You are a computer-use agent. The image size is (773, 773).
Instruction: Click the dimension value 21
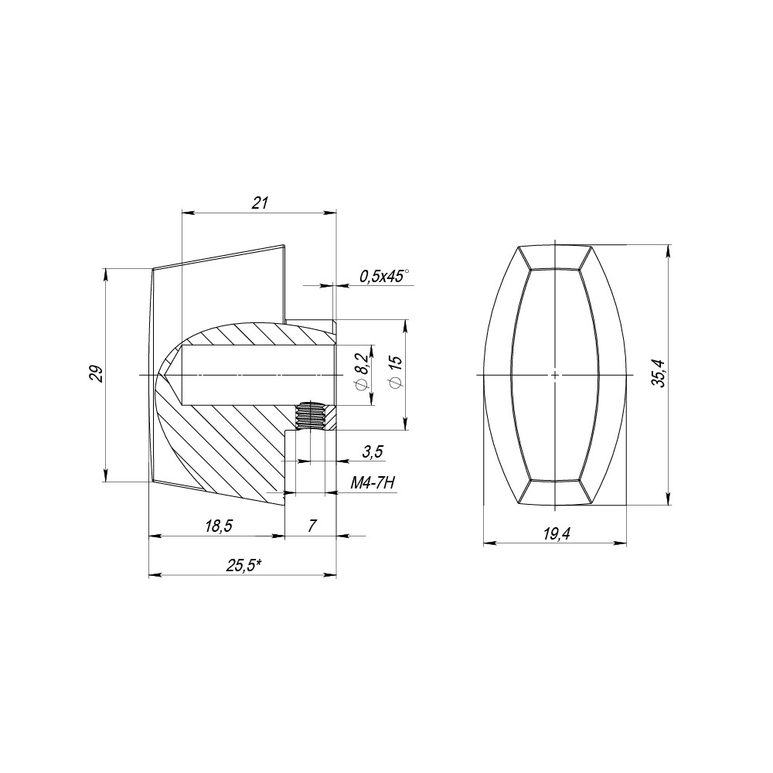[260, 203]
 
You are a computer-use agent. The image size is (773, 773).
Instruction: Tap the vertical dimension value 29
[95, 374]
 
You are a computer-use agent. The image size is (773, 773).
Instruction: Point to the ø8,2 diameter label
[360, 374]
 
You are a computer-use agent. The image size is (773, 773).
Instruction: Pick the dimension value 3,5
[372, 452]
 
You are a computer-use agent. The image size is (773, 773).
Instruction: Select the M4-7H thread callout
[373, 483]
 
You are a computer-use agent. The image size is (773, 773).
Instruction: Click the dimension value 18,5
[219, 526]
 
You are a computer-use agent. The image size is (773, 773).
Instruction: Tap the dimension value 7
[312, 526]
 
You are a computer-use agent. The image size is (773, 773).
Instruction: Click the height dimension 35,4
[658, 375]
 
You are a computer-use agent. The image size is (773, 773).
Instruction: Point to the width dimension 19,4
[556, 534]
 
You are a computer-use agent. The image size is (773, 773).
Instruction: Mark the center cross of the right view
[555, 375]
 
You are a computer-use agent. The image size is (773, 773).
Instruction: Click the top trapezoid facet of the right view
[555, 257]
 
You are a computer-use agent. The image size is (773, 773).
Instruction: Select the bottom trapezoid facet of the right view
[555, 492]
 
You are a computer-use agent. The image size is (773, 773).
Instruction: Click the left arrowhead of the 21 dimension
[185, 213]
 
